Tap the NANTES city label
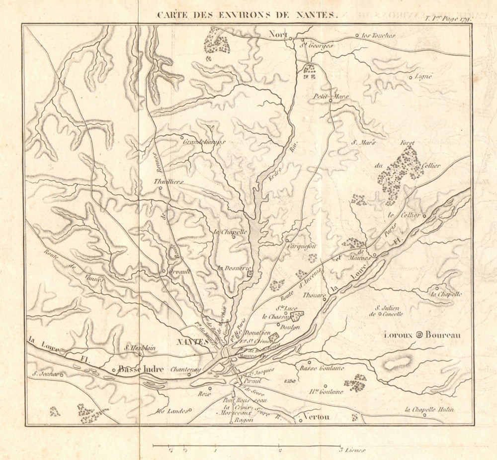click(193, 342)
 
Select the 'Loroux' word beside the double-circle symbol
click(399, 335)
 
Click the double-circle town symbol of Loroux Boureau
click(419, 335)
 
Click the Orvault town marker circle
click(164, 271)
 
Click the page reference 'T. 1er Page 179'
click(447, 18)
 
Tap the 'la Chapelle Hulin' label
click(429, 410)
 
